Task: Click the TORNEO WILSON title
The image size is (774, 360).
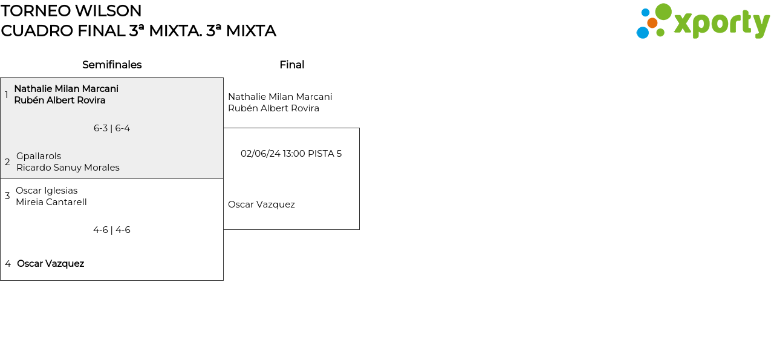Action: pos(71,11)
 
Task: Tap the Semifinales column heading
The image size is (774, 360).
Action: pos(112,65)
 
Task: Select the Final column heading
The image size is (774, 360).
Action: pos(291,65)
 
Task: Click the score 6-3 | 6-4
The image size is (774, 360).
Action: pos(112,128)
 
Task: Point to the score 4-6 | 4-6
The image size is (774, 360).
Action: pos(112,230)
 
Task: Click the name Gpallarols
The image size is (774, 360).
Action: pos(39,156)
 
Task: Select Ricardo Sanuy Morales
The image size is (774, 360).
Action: pos(68,168)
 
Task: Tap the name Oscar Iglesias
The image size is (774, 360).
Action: pos(47,191)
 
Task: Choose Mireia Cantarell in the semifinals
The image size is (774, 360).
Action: pos(51,202)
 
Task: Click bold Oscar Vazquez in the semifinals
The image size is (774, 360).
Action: pos(50,264)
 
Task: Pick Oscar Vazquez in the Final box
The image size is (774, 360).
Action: pos(261,205)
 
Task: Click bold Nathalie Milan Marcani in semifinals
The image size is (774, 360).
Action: pos(66,89)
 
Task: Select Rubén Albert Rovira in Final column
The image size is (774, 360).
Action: pos(273,108)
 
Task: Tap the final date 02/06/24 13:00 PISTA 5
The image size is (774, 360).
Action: pos(291,154)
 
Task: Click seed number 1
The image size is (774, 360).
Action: pos(7,95)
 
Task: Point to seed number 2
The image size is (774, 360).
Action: pos(7,162)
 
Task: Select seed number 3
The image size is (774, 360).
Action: pos(7,196)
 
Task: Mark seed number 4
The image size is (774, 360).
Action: pos(8,264)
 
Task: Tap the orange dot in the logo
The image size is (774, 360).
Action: pos(652,23)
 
